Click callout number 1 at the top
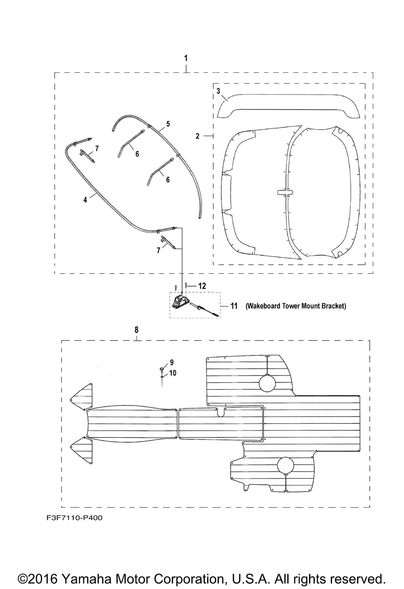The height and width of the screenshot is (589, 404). click(x=186, y=58)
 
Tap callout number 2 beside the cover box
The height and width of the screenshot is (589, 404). click(x=198, y=136)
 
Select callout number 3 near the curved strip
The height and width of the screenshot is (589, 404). click(x=218, y=91)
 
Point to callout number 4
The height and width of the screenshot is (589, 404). click(x=85, y=200)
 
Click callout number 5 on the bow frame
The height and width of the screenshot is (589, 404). click(x=168, y=124)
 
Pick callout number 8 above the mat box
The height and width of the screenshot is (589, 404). click(x=136, y=330)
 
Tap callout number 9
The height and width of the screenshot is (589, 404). click(x=172, y=362)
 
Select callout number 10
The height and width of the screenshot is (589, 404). click(x=173, y=373)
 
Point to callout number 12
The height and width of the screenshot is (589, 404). click(x=202, y=286)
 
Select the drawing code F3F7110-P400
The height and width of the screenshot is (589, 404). click(x=74, y=518)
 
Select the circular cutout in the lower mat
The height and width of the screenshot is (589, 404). click(x=286, y=465)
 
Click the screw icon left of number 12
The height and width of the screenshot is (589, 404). click(x=176, y=288)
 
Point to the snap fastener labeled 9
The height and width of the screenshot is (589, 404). click(x=161, y=370)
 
